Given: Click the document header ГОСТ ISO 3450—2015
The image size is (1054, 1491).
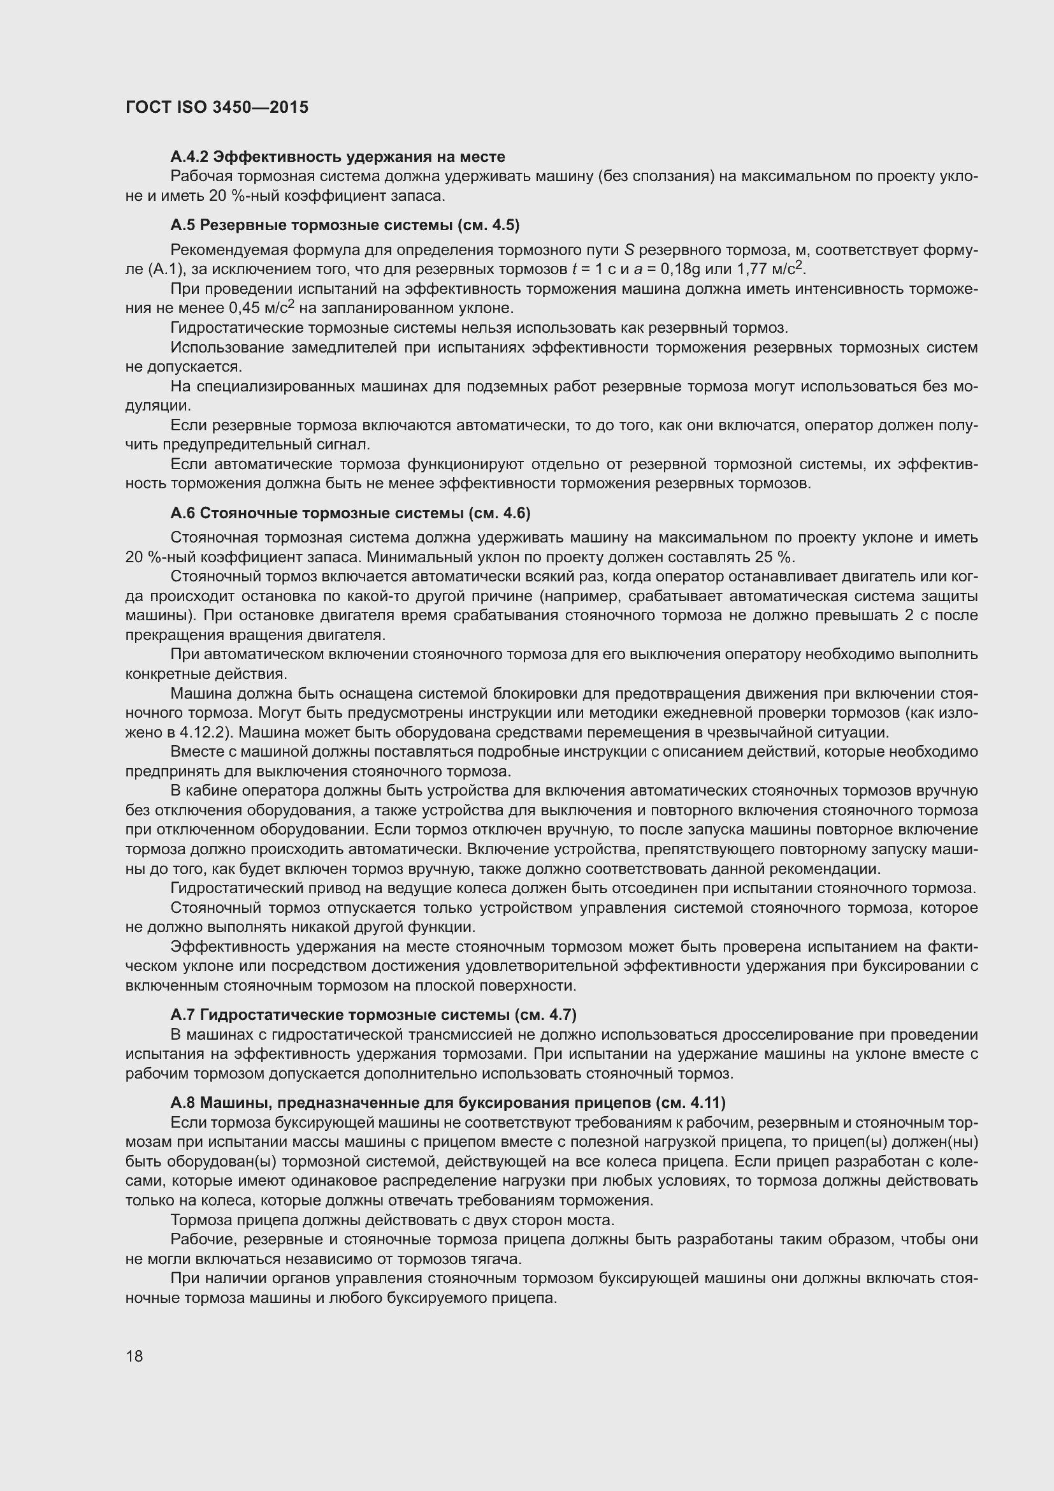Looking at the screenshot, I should pos(217,107).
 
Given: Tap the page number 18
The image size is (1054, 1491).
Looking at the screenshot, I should pos(134,1356).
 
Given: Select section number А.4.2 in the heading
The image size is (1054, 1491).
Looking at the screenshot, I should pos(189,157).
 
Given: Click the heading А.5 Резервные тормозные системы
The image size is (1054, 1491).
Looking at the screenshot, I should pos(345,225).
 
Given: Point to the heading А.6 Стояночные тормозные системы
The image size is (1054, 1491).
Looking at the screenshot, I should pos(350,513).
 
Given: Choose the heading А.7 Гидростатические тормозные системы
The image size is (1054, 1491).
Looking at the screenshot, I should pos(373,1014).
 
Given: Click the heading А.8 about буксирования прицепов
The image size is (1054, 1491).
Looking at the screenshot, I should pos(448,1103).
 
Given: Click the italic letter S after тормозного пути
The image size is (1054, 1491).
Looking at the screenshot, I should pos(629,250).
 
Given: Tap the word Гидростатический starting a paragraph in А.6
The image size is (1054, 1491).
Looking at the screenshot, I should pos(230,889).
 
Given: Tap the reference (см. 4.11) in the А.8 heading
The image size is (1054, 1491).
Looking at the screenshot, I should pos(691,1103).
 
